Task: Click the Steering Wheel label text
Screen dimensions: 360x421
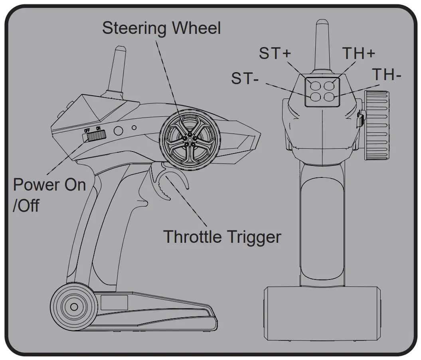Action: pyautogui.click(x=161, y=28)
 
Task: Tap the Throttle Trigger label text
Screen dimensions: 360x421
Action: pyautogui.click(x=222, y=236)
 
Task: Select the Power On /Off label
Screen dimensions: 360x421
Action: pyautogui.click(x=49, y=195)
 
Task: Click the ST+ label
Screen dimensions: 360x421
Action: pyautogui.click(x=275, y=53)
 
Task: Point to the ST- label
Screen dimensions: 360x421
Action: pyautogui.click(x=245, y=78)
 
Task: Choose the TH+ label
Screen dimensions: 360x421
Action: pyautogui.click(x=359, y=53)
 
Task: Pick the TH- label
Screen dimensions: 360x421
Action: pyautogui.click(x=386, y=75)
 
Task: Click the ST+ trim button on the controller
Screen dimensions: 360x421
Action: pyautogui.click(x=315, y=85)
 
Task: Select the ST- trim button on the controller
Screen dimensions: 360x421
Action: pyautogui.click(x=315, y=96)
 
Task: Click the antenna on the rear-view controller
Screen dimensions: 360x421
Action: pyautogui.click(x=322, y=44)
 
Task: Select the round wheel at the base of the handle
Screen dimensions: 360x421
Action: pyautogui.click(x=74, y=306)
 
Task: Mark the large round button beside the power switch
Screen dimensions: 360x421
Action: pyautogui.click(x=119, y=130)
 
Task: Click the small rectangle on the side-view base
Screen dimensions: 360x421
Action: pyautogui.click(x=114, y=303)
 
